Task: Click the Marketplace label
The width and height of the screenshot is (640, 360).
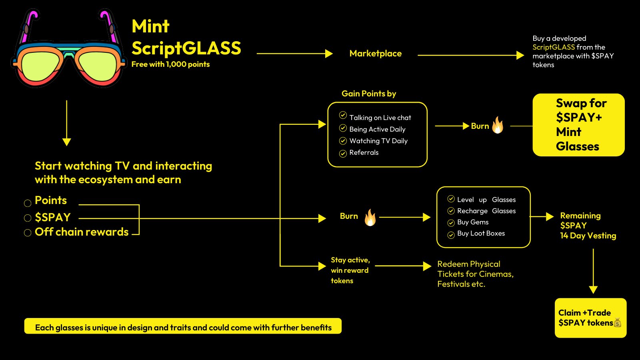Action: pos(375,54)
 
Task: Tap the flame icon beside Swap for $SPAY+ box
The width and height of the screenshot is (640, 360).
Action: pos(498,125)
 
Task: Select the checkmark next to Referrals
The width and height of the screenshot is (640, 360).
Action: pos(343,154)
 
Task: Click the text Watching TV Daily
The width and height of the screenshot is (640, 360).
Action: pos(378,141)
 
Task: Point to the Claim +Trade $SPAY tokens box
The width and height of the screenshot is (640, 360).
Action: pos(590,318)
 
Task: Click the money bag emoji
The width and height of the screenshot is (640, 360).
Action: pos(618,322)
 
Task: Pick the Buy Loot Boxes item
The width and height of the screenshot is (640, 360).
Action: pos(481,233)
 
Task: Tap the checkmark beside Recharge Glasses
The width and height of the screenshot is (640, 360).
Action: pos(451,211)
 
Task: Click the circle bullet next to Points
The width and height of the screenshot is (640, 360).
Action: pos(28,203)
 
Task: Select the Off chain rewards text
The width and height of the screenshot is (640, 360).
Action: pos(82,232)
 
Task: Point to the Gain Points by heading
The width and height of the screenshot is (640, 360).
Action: pos(368,94)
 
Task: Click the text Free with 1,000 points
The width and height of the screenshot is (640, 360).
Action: pos(170,64)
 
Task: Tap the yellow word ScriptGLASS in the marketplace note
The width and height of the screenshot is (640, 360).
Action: pos(553,47)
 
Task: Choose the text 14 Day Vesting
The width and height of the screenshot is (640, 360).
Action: pos(588,236)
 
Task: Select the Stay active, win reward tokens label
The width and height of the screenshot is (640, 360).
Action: pos(350,270)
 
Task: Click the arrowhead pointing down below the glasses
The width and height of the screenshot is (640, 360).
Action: pos(67,142)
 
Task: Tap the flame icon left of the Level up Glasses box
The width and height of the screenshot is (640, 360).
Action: pos(370,217)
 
